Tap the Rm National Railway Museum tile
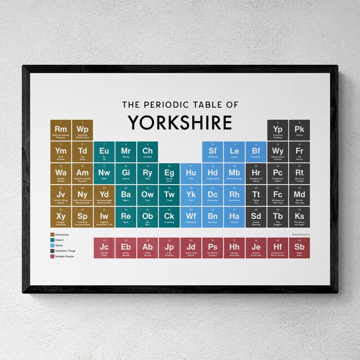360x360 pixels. pos(61,130)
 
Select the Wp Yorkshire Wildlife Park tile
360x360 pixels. pos(82,130)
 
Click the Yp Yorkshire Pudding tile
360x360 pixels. pos(278,130)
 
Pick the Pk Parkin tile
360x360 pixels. pos(299,130)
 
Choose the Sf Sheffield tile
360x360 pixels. pos(213,152)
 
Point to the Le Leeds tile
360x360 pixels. pos(234,152)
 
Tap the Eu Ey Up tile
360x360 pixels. pos(104,152)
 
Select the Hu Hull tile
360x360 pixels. pos(191,174)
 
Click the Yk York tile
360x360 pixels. pos(191,195)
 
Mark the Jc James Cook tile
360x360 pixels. pos(104,248)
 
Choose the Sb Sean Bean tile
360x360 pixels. pos(299,248)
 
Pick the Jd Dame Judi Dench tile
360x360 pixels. pos(191,248)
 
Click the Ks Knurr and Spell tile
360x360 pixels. pos(299,217)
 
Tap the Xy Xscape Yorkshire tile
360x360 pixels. pos(61,217)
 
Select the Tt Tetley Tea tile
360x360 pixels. pos(256,195)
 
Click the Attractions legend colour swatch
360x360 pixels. pos(52,234)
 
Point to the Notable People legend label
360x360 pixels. pos(64,256)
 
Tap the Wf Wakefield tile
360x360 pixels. pos(191,217)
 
